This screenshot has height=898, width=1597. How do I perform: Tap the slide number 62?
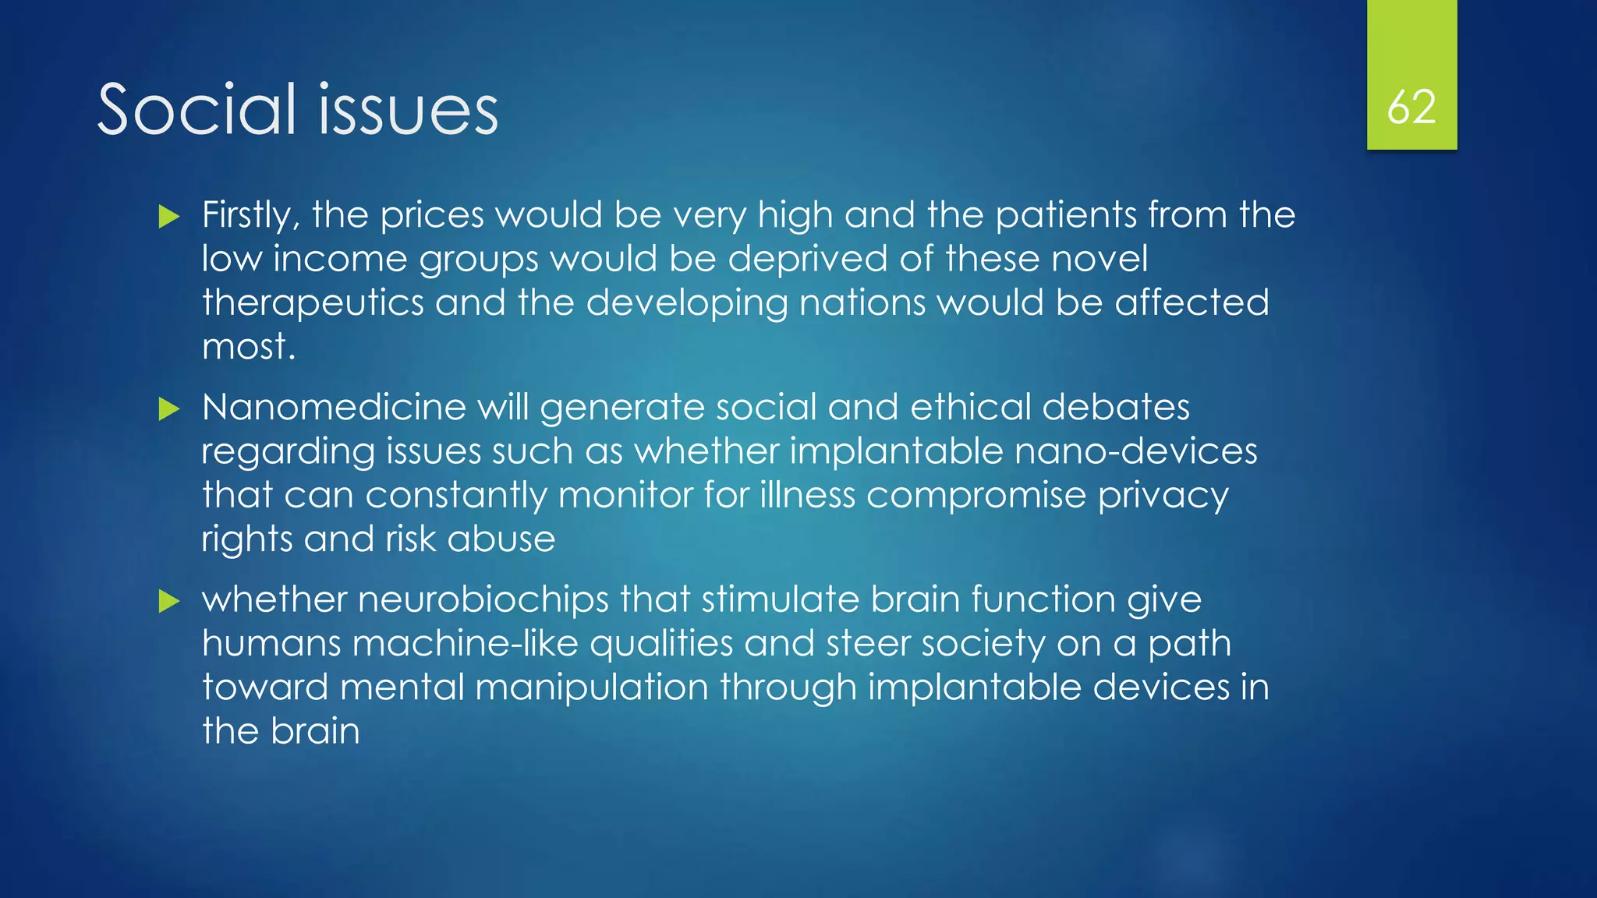[1411, 107]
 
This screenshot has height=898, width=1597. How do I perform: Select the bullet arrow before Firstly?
[168, 216]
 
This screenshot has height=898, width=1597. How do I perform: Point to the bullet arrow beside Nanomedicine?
[168, 408]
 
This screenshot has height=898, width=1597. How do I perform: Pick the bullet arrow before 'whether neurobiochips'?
[168, 600]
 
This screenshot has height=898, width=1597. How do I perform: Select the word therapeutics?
[313, 303]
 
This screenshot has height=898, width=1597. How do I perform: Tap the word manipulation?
[592, 688]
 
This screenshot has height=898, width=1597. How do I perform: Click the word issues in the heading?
[409, 109]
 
